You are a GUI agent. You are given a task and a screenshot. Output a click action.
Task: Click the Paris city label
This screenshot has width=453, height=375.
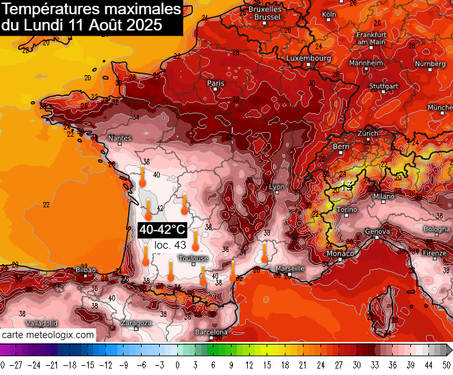coord(215,83)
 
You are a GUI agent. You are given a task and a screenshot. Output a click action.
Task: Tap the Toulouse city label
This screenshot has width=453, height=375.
coord(193,258)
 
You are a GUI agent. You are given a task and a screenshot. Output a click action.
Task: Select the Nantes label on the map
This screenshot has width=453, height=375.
coord(120,138)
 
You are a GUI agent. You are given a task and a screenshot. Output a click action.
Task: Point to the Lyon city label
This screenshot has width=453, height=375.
coord(277,187)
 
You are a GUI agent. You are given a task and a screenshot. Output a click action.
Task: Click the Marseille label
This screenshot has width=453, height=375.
coord(289,268)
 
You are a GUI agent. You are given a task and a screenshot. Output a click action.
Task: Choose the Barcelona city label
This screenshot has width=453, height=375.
coord(212,332)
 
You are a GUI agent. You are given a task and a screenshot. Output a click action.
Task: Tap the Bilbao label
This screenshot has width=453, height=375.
coord(85,269)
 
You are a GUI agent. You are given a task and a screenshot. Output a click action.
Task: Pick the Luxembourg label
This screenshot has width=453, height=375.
coord(308,58)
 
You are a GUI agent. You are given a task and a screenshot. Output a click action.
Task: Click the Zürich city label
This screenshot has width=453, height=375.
coord(368,133)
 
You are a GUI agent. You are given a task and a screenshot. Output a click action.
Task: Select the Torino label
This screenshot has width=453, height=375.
coord(348,210)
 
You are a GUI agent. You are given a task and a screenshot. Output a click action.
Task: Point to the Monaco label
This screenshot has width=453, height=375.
coord(340,253)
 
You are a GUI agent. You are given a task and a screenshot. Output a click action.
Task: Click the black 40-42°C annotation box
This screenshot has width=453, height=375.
coord(162,230)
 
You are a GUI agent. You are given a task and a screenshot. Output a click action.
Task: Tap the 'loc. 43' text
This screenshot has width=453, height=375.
coord(170,245)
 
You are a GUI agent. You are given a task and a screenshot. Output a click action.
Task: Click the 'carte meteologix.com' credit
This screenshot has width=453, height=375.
coord(48,335)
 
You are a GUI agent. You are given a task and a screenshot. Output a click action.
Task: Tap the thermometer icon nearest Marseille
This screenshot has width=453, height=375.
coord(265,253)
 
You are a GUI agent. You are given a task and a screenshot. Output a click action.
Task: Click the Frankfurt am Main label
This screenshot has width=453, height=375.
coord(371,38)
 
